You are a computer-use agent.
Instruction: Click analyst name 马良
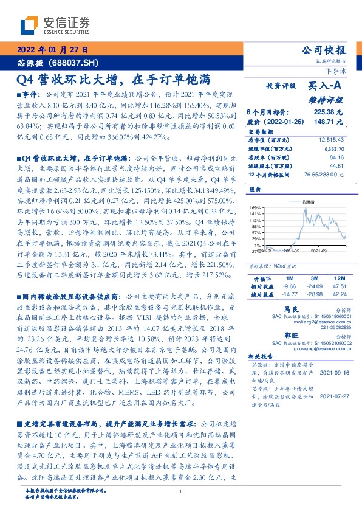tap(292, 309)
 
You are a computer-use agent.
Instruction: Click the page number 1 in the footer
tap(181, 492)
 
